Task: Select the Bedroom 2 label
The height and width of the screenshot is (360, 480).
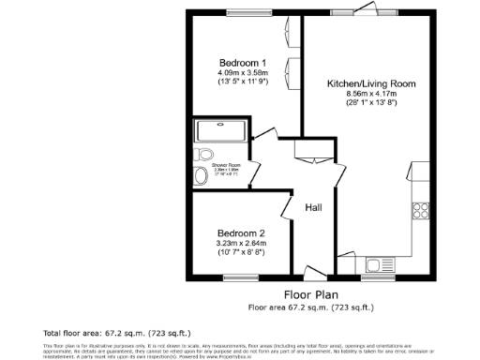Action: pyautogui.click(x=241, y=232)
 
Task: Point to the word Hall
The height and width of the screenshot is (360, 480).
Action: pyautogui.click(x=313, y=207)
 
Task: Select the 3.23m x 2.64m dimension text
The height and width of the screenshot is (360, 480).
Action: pyautogui.click(x=241, y=243)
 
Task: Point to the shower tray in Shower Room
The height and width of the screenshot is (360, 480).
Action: pyautogui.click(x=220, y=129)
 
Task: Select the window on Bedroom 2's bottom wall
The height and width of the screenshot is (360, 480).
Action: pyautogui.click(x=241, y=277)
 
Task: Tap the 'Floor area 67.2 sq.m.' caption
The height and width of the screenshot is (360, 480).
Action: pyautogui.click(x=310, y=307)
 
